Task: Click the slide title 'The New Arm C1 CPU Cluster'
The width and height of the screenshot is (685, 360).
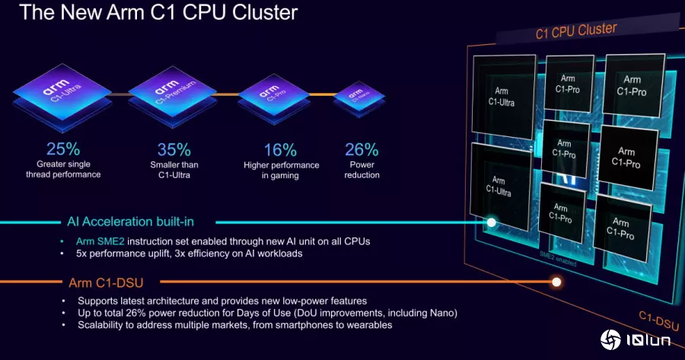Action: click(158, 13)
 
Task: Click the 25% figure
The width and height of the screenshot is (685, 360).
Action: click(62, 149)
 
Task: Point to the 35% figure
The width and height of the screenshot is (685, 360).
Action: click(173, 149)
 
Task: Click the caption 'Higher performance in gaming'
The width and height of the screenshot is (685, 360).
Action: click(281, 170)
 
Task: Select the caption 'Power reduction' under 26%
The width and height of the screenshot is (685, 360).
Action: click(362, 170)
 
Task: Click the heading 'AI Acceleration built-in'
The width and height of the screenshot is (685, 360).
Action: click(130, 221)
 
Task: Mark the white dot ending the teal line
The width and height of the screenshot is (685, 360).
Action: click(492, 223)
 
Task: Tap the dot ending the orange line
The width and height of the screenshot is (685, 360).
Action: click(556, 282)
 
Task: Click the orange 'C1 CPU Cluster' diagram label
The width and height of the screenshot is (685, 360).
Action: click(576, 30)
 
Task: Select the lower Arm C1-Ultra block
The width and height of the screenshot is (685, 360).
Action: click(499, 186)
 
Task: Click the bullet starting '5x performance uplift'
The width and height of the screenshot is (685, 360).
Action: click(189, 253)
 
